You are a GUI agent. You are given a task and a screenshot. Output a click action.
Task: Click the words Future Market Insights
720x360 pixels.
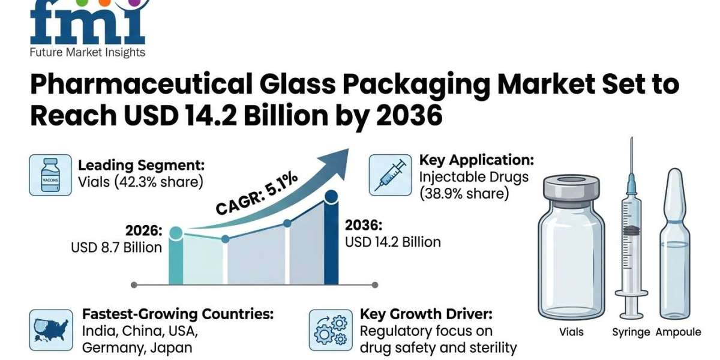coord(88,53)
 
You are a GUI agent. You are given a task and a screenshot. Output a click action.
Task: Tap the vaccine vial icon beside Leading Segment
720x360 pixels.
coord(50,175)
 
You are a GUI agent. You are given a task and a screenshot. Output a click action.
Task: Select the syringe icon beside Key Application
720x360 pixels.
coord(390,175)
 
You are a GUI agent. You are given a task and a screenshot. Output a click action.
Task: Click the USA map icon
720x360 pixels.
coord(50,330)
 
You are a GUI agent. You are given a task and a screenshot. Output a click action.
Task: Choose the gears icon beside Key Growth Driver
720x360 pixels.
coord(331,330)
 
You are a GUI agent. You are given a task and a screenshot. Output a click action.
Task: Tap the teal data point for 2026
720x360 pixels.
coord(176,232)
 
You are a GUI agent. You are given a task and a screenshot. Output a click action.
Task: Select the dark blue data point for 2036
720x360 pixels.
coord(331,196)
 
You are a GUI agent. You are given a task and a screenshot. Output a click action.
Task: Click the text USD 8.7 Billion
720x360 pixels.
coord(116,247)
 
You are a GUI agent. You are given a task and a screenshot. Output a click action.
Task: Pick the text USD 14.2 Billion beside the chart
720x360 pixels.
coord(392,242)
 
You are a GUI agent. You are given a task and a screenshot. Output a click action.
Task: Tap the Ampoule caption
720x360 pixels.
coord(678,332)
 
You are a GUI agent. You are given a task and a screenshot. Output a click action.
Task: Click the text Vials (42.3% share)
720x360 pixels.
coord(140,181)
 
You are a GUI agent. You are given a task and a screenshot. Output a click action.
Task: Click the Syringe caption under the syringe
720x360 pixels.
coord(631,332)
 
